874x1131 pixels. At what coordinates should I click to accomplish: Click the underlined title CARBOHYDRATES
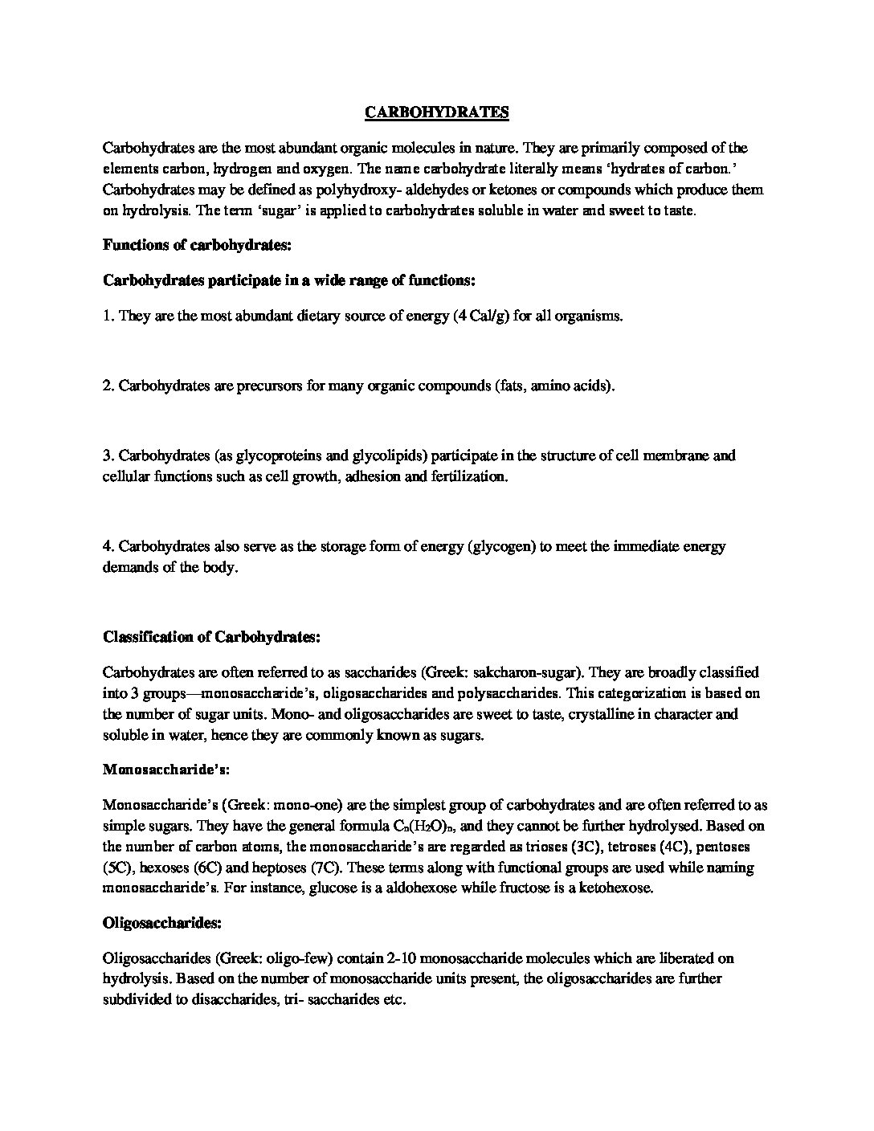pos(436,112)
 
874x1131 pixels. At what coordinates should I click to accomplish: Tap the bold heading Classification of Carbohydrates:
pos(212,637)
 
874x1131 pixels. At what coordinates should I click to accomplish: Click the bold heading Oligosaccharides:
pos(161,924)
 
